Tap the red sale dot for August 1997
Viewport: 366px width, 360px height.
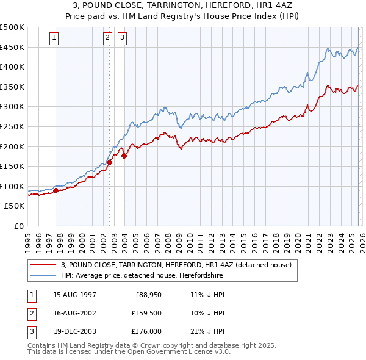[x=56, y=190]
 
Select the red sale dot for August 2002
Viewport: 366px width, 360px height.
[x=110, y=162]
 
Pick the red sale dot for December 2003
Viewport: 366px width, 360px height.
[x=124, y=156]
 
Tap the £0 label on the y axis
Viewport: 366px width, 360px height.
[x=19, y=226]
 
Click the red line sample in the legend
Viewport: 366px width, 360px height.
[x=43, y=265]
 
